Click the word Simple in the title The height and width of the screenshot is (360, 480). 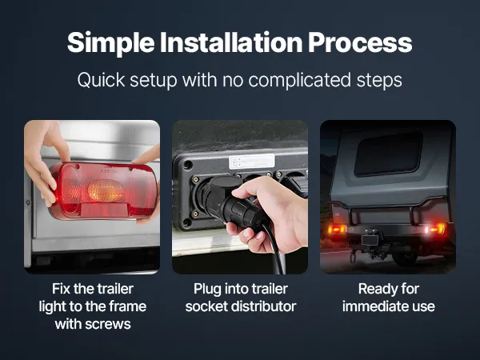coord(111,43)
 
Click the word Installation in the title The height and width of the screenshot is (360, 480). coord(231,42)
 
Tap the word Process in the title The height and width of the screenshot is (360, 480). coord(360,42)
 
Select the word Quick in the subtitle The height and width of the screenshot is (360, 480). coord(102,80)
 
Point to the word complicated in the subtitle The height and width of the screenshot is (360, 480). coord(299,80)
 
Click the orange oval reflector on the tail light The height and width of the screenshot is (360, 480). coord(106,190)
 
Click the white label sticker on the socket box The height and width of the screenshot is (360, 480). coord(252,162)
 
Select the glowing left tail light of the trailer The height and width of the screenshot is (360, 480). coord(337,230)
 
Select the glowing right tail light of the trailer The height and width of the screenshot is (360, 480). coord(435,229)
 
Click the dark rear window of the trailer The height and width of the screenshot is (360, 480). coord(388,154)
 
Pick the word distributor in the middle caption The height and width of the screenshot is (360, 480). coord(264,306)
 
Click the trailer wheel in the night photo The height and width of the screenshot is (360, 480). coord(405,257)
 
